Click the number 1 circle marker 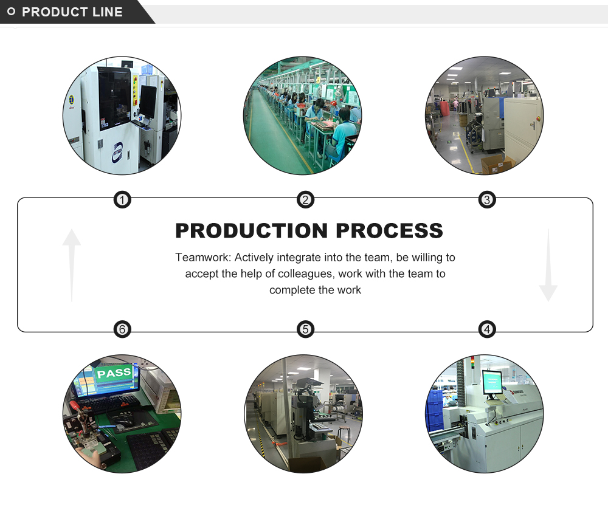[123, 199]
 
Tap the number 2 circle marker [305, 199]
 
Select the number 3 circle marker [486, 199]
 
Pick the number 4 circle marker [486, 329]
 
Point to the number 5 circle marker [305, 329]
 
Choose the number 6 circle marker [123, 329]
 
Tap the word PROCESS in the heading [389, 231]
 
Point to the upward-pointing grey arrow [72, 264]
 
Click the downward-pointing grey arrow [548, 265]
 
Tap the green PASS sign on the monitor [114, 373]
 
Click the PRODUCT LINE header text [72, 12]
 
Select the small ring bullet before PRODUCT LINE [11, 12]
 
